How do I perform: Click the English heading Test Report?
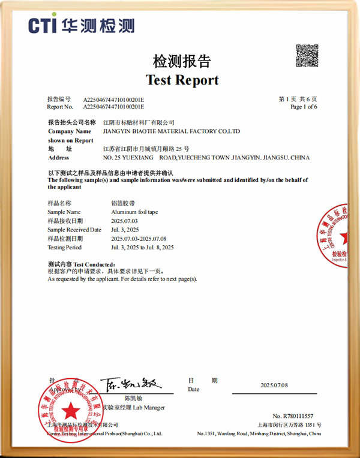tap(182, 80)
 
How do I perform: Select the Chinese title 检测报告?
tap(182, 61)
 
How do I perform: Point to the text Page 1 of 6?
tap(304, 107)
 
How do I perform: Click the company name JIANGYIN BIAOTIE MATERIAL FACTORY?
tap(172, 131)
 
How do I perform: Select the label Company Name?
tap(69, 131)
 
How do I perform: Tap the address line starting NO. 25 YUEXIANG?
tap(206, 158)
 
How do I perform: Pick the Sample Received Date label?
tap(74, 230)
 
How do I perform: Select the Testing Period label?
tap(64, 247)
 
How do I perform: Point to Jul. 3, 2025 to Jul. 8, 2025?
tap(143, 247)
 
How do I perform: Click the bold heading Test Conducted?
tap(81, 264)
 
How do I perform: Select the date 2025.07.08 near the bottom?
tap(274, 385)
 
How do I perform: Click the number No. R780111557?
tap(293, 416)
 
